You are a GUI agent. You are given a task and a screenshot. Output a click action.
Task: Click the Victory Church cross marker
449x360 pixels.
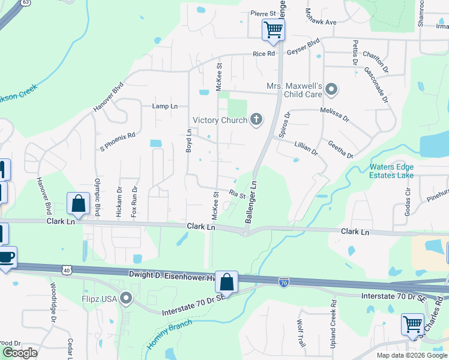256,119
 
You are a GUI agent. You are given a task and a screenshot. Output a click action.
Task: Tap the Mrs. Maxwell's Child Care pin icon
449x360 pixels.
331,91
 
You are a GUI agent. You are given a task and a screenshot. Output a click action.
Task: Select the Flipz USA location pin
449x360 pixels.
125,298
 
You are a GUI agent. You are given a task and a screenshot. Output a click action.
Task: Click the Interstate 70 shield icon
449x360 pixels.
283,281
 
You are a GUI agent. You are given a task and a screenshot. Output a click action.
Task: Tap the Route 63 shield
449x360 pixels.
25,2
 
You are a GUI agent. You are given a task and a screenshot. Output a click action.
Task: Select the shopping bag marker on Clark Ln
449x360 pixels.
79,203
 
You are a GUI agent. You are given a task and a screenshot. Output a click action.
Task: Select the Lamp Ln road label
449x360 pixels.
165,106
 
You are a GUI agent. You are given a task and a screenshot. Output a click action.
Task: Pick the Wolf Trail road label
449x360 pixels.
301,332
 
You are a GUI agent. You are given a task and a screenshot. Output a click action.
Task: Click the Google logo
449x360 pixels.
20,353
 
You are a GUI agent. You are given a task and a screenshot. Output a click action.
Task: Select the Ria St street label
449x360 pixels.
238,194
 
